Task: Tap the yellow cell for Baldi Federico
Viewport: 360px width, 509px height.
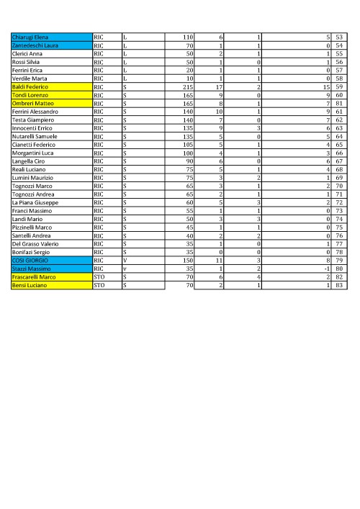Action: point(50,86)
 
